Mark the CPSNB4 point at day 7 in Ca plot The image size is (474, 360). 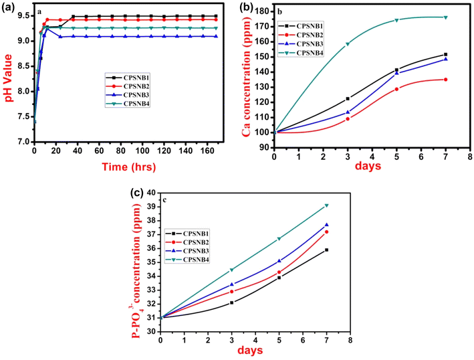(445, 17)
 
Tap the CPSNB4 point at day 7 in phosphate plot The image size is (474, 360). (327, 205)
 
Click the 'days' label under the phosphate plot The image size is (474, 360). (254, 352)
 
